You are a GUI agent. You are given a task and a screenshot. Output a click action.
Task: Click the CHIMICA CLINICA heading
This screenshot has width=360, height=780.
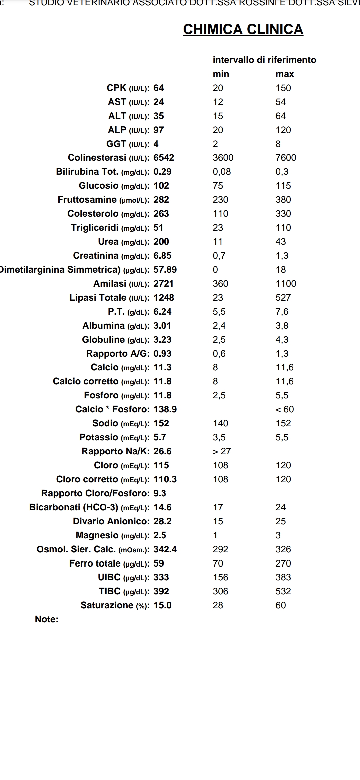point(243,29)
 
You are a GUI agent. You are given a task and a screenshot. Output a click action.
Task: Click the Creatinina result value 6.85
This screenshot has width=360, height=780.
point(162,256)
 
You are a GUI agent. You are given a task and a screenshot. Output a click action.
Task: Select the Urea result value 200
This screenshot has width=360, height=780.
point(161,242)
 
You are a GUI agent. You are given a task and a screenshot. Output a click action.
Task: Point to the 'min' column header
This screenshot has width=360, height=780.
point(221,74)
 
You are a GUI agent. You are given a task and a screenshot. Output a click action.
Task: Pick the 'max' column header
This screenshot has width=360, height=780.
point(285,74)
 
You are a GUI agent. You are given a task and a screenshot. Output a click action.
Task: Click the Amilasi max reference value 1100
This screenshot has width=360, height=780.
point(286,284)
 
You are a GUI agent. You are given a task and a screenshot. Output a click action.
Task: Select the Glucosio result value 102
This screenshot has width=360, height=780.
point(161,186)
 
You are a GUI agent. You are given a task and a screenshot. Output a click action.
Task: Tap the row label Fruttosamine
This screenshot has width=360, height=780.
point(87,200)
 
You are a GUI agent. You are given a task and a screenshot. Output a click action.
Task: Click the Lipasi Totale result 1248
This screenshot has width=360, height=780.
point(164,298)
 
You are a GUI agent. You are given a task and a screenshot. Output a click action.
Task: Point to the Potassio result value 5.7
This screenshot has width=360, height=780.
point(160,437)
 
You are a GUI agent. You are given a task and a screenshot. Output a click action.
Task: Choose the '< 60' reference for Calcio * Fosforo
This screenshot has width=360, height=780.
point(285,409)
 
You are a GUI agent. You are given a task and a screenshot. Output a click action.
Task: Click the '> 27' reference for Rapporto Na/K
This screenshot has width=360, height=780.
point(222,451)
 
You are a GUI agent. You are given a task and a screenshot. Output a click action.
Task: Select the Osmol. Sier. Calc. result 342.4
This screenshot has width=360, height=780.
point(165,549)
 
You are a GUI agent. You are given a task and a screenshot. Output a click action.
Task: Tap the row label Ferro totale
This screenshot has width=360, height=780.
point(95,563)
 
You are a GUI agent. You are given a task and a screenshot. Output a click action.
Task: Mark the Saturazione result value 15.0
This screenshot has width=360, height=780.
point(162,605)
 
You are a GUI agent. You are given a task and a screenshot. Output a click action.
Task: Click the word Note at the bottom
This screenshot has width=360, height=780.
point(46,619)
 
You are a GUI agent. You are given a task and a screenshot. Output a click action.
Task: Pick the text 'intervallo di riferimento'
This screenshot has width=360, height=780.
point(264,60)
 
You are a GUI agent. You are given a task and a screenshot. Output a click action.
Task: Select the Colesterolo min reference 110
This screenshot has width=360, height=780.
point(220,214)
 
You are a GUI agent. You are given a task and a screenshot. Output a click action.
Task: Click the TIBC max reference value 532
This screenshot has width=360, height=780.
point(283,591)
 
